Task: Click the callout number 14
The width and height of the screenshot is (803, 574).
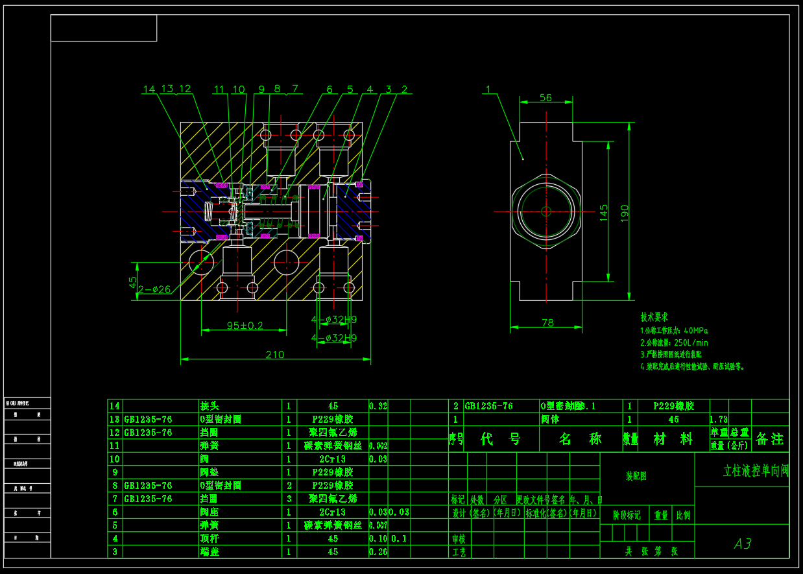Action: (x=150, y=89)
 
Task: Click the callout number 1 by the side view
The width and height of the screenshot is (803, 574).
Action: (x=488, y=89)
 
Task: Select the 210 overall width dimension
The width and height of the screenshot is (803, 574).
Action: (x=275, y=354)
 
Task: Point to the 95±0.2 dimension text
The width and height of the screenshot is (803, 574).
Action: (x=245, y=325)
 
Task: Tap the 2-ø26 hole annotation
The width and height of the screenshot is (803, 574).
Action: (x=154, y=289)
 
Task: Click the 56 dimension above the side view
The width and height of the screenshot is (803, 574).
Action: (x=545, y=97)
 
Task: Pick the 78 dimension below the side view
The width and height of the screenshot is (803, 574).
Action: (x=547, y=322)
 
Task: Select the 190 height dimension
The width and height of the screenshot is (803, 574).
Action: (x=624, y=213)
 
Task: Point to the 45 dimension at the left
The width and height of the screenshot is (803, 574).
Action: (x=133, y=282)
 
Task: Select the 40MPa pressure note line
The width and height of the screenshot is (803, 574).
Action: (x=674, y=330)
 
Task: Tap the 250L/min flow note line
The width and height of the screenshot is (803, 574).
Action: (x=674, y=342)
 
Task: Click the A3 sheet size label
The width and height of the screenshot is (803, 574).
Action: (x=743, y=544)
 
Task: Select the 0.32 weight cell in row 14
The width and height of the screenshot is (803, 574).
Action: (x=378, y=406)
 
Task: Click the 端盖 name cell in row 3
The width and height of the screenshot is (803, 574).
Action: (x=209, y=552)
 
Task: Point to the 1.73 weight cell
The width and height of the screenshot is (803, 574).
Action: (x=719, y=420)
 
